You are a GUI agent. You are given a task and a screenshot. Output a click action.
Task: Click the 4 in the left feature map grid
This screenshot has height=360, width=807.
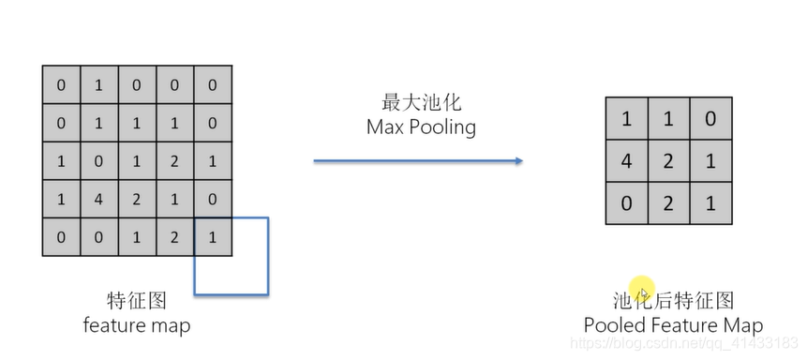point(98,199)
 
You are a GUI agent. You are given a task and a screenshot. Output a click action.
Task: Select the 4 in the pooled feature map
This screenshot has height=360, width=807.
point(626,160)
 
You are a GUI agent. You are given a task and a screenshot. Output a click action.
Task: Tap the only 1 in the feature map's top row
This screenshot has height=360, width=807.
point(98,85)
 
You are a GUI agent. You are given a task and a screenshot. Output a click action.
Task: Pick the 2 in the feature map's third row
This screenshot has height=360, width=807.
point(174,160)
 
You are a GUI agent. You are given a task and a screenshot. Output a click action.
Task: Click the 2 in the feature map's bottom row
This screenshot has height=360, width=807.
point(174,236)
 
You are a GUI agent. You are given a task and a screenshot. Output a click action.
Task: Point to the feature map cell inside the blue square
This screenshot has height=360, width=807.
point(212,236)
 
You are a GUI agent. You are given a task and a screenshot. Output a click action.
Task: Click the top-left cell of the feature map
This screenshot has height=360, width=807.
point(61,85)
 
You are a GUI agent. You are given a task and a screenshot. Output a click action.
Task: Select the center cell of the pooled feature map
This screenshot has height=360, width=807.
point(668,160)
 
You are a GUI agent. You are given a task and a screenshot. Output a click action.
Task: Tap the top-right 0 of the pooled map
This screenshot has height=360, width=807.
point(710,118)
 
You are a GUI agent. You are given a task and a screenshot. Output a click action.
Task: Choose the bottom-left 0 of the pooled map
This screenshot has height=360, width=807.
point(626,203)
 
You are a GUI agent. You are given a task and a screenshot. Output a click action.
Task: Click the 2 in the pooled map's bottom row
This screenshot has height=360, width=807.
point(668,203)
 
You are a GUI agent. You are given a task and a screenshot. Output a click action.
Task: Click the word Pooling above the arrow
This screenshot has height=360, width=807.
point(445,127)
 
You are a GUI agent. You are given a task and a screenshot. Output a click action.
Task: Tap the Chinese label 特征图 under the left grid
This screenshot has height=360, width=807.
point(137,301)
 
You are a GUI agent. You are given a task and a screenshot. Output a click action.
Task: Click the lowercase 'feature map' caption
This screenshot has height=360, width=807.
point(137,325)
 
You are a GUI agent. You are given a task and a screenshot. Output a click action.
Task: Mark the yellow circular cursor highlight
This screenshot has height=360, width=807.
point(641,287)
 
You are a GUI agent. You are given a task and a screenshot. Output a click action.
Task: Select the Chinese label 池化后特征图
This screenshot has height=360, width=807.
point(673,301)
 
